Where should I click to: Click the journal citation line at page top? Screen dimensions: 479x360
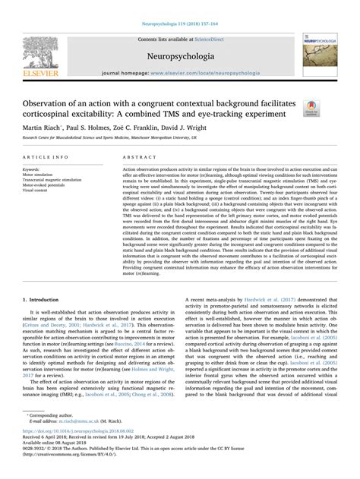(180, 5)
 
